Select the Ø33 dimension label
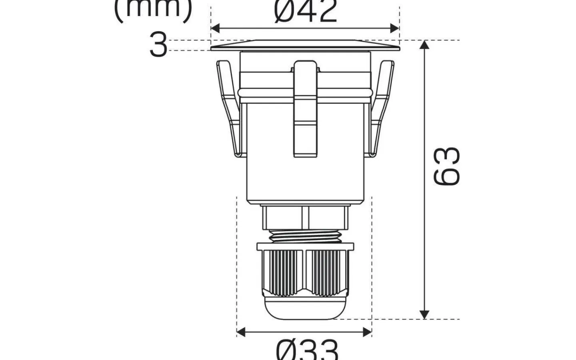point(307,350)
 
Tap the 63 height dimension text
point(447,166)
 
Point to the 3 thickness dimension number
point(158,45)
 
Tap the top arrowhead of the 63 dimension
point(424,45)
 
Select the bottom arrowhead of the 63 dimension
point(424,314)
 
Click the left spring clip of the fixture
point(230,108)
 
